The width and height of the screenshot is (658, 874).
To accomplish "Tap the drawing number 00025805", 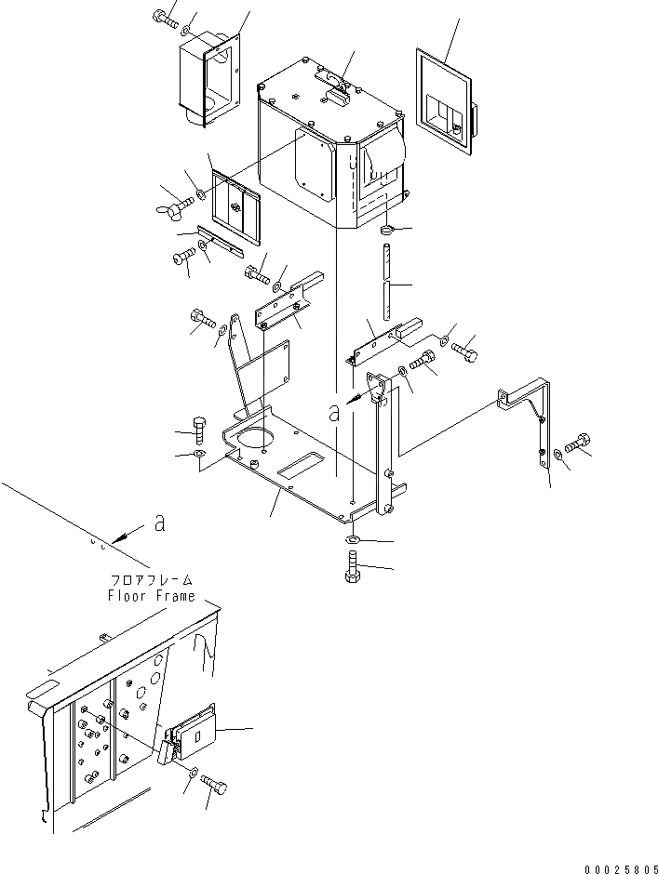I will pos(619,868).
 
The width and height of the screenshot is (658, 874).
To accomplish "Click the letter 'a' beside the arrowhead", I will pos(159,525).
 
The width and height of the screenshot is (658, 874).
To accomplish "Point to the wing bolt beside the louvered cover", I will pos(175,199).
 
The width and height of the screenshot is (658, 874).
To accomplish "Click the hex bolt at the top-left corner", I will pos(166,17).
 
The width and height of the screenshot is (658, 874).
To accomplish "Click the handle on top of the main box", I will pos(334,81).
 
